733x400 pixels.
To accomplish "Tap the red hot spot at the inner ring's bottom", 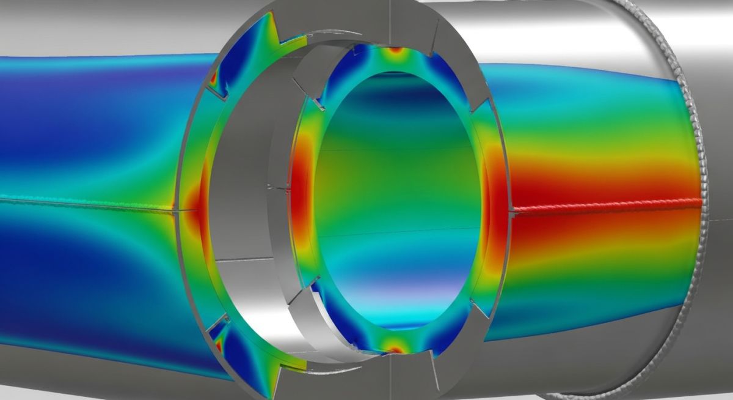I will (x=395, y=349).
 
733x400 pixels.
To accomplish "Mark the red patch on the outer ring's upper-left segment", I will (x=214, y=78).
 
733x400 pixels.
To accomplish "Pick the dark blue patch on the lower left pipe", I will (x=73, y=287).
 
